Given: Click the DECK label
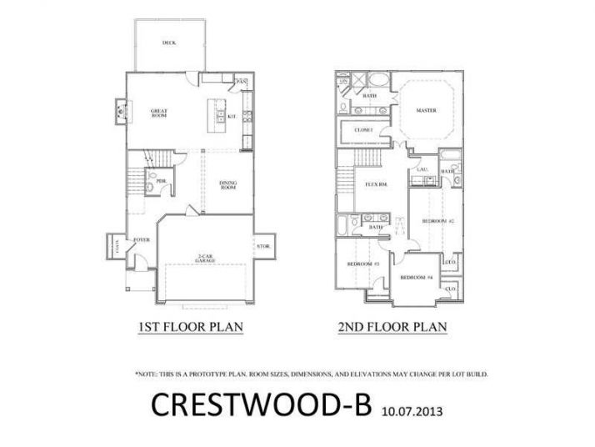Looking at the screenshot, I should pyautogui.click(x=169, y=43).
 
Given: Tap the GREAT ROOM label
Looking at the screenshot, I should pyautogui.click(x=160, y=113).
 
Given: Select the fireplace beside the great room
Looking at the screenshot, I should pyautogui.click(x=120, y=108).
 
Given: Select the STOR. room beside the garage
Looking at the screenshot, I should pyautogui.click(x=264, y=246).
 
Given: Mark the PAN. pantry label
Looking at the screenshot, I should pyautogui.click(x=242, y=82).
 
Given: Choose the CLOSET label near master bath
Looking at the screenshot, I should pyautogui.click(x=363, y=130).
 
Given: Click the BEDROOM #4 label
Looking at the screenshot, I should pyautogui.click(x=416, y=277).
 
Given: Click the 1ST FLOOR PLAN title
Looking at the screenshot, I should pyautogui.click(x=190, y=327).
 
